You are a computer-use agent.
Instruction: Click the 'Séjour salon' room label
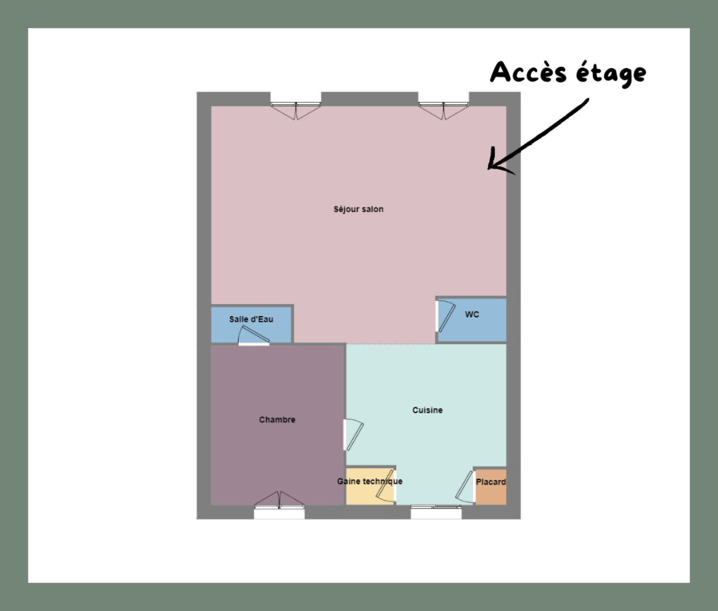[359, 209]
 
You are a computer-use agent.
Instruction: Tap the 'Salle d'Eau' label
[251, 319]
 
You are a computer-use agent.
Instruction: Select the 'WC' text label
[472, 314]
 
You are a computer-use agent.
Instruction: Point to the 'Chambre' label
[277, 420]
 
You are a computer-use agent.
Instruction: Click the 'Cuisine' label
[428, 410]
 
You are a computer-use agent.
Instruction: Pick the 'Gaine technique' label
[370, 481]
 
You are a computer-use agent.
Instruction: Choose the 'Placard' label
[491, 482]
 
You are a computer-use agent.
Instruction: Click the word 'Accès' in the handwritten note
[529, 72]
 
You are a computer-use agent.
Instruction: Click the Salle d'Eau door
[254, 336]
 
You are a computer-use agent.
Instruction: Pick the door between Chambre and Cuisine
[352, 435]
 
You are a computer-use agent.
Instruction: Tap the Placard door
[466, 486]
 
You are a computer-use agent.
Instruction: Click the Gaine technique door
[386, 485]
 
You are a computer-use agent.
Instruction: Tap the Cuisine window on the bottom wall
[436, 512]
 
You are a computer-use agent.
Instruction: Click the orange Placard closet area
[491, 487]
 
